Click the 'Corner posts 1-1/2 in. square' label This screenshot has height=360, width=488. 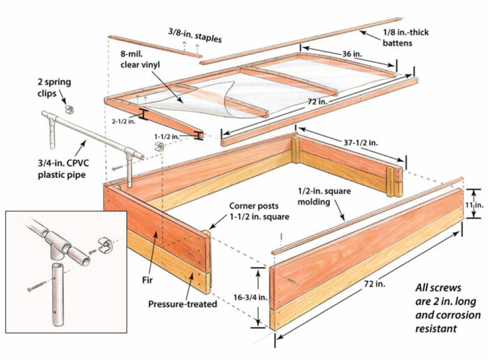tap(257, 211)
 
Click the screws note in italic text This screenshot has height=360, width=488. tap(441, 306)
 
